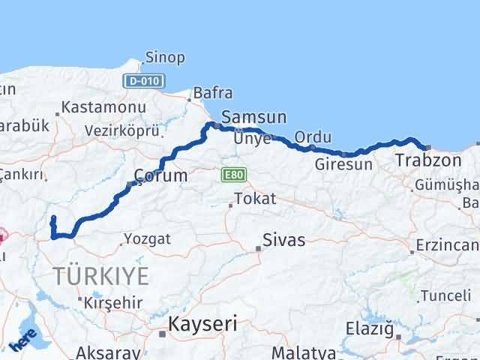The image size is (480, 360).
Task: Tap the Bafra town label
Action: point(212,93)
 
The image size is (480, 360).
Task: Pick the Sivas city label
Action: point(283,241)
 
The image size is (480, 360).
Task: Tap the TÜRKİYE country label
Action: point(100,275)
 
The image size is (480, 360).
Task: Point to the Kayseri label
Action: point(202,325)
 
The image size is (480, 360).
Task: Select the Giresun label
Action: point(343,164)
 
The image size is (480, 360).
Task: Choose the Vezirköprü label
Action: point(122,130)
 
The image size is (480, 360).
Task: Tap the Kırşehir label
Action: point(112,303)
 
